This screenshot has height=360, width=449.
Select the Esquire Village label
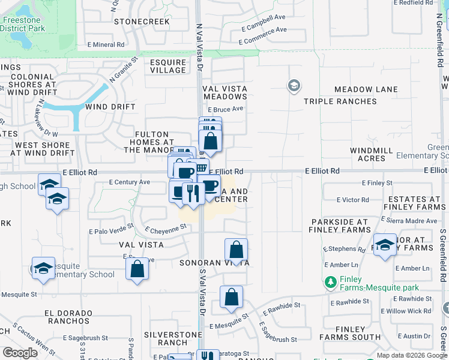(168, 65)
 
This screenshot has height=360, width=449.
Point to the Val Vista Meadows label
(225, 92)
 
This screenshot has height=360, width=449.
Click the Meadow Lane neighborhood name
(366, 89)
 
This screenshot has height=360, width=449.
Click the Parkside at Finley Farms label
(340, 226)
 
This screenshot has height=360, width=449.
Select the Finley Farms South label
(351, 333)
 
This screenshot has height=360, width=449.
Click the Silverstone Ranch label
(166, 338)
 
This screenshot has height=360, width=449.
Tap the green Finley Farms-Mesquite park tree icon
(330, 281)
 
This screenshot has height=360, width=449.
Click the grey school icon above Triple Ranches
(294, 86)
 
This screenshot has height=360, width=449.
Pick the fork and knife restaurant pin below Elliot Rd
(193, 193)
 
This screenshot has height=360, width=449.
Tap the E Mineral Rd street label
(105, 44)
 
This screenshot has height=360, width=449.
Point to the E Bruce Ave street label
(225, 109)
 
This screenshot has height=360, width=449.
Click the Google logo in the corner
(20, 353)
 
